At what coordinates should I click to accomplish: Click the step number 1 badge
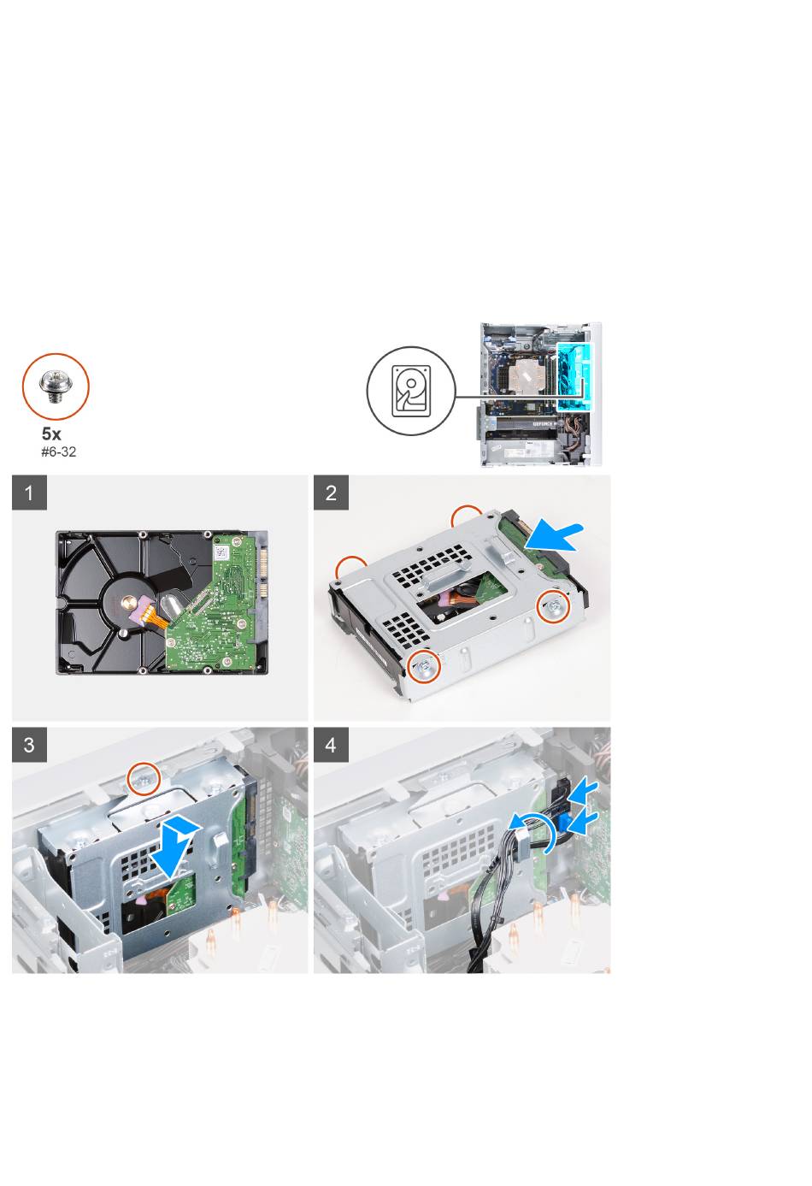pyautogui.click(x=29, y=493)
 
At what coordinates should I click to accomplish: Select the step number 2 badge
pyautogui.click(x=331, y=493)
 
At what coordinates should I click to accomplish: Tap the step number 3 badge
pyautogui.click(x=29, y=745)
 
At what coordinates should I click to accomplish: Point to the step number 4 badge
pyautogui.click(x=331, y=745)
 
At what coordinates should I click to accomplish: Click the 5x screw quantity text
pyautogui.click(x=51, y=434)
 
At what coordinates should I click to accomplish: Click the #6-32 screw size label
pyautogui.click(x=58, y=452)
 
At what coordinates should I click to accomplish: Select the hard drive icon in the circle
pyautogui.click(x=411, y=391)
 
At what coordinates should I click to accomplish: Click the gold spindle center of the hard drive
pyautogui.click(x=128, y=601)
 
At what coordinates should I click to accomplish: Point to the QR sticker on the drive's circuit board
pyautogui.click(x=221, y=552)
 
